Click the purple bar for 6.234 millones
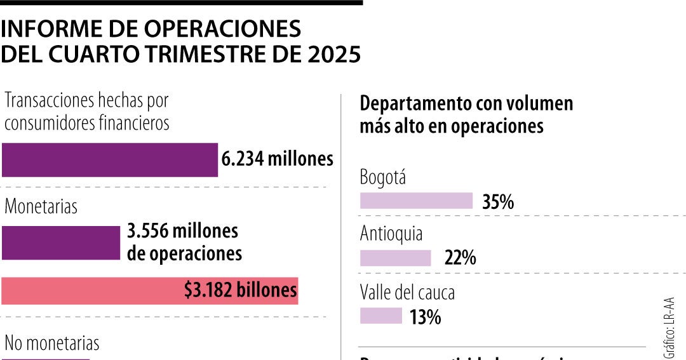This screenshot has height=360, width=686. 109,159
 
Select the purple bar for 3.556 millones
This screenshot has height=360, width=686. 60,243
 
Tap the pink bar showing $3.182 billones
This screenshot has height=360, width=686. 149,291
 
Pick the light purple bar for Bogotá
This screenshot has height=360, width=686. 416,201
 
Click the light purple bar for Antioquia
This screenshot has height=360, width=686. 395,258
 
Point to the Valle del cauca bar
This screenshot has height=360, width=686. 381,316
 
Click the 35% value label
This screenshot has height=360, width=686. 497,202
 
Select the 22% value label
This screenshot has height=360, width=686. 460,258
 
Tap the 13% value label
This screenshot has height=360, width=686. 425,316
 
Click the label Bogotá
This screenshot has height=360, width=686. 382,177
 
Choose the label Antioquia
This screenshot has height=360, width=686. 391,234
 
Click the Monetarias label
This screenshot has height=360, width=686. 41,206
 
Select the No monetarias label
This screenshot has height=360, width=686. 52,343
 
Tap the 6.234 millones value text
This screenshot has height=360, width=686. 277,159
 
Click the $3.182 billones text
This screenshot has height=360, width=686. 241,290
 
